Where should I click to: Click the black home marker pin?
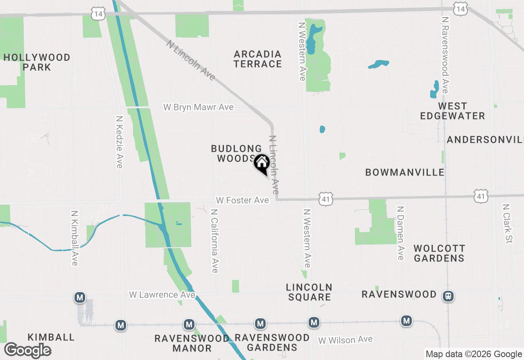pyautogui.click(x=262, y=164)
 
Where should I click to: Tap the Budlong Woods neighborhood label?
pyautogui.click(x=236, y=153)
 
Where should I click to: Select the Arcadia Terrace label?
pyautogui.click(x=258, y=59)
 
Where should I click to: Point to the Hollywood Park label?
pyautogui.click(x=37, y=62)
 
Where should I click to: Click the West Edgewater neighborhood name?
pyautogui.click(x=452, y=111)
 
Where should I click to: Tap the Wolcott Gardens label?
pyautogui.click(x=439, y=253)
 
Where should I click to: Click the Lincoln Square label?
pyautogui.click(x=309, y=292)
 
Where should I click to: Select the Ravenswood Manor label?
pyautogui.click(x=192, y=343)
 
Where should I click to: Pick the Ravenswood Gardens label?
pyautogui.click(x=272, y=342)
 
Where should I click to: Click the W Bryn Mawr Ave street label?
pyautogui.click(x=199, y=107)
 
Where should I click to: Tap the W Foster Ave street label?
pyautogui.click(x=243, y=200)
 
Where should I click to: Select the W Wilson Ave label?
pyautogui.click(x=346, y=340)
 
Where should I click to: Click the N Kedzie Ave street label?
pyautogui.click(x=119, y=142)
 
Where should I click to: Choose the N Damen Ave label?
pyautogui.click(x=400, y=233)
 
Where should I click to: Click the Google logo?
pyautogui.click(x=27, y=350)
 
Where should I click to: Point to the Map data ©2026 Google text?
pyautogui.click(x=473, y=354)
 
